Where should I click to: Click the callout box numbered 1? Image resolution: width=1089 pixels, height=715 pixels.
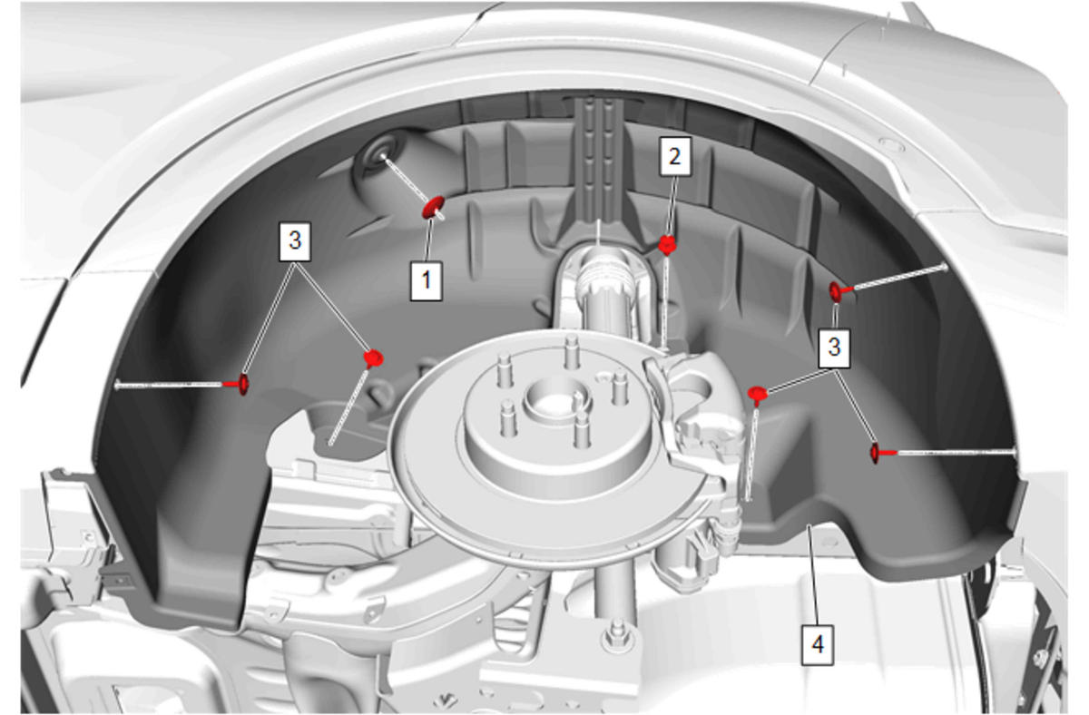(x=427, y=281)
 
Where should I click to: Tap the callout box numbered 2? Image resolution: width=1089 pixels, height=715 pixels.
(x=675, y=156)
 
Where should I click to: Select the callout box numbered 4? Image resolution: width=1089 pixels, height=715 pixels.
(x=818, y=645)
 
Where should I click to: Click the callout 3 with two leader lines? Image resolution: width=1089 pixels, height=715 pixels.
(x=295, y=241)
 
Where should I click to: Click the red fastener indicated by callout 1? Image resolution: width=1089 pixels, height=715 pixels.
(x=433, y=208)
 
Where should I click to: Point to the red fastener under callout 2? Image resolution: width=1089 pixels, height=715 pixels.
(x=668, y=246)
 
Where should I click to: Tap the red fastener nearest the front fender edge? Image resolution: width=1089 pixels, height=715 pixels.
(x=242, y=384)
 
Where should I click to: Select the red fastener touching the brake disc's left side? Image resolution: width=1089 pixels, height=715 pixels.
(x=373, y=358)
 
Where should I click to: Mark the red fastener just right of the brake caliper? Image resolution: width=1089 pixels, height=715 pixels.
(x=758, y=394)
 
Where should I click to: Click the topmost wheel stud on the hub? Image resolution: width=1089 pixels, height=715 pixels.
(x=572, y=351)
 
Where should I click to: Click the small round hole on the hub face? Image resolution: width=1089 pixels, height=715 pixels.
(x=604, y=376)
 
